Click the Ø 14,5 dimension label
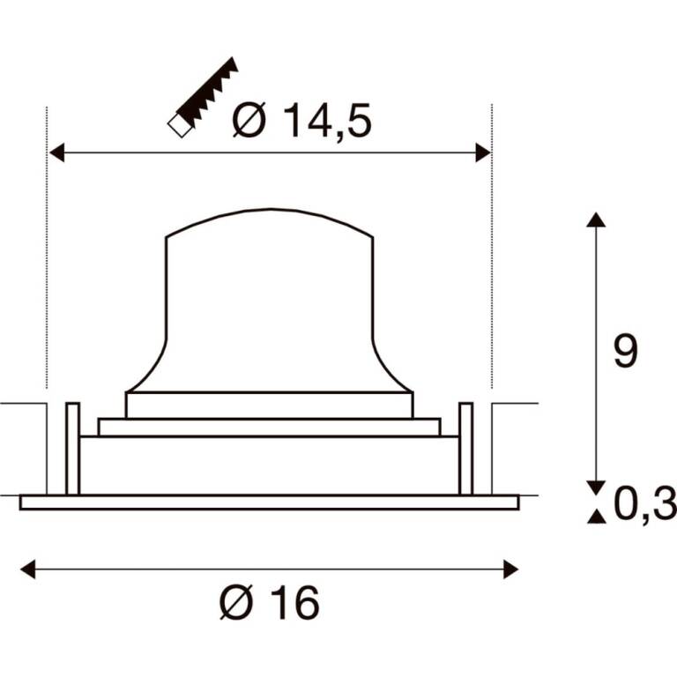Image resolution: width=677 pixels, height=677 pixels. [x=301, y=121]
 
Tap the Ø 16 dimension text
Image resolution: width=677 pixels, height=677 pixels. [x=270, y=602]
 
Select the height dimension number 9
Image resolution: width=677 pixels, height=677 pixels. [x=626, y=352]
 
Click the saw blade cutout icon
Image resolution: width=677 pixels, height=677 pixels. [x=203, y=97]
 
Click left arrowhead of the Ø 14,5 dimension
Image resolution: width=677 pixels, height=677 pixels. [x=56, y=153]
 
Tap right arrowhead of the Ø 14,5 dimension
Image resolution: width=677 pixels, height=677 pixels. [x=483, y=153]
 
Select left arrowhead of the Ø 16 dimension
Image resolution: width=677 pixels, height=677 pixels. [x=28, y=569]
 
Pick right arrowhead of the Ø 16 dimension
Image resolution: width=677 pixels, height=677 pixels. [x=510, y=569]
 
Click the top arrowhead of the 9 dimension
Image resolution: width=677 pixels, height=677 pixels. [x=596, y=219]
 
